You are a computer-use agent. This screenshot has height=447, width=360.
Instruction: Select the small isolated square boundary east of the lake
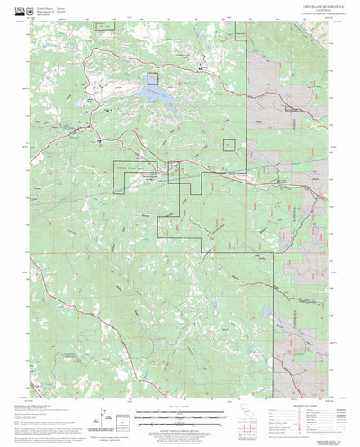click(x=229, y=145)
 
